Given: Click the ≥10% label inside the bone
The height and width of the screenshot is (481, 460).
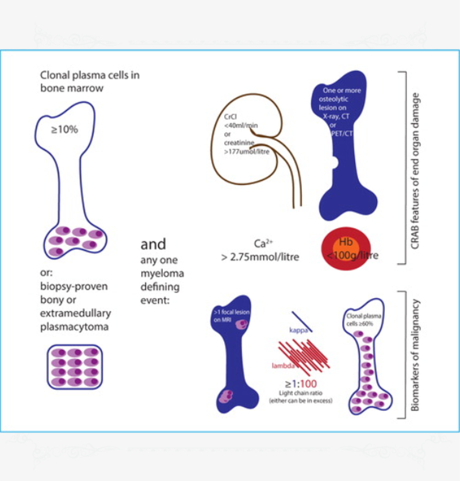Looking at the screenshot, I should pyautogui.click(x=64, y=129).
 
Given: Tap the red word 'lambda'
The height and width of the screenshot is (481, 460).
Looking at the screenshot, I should pyautogui.click(x=285, y=365).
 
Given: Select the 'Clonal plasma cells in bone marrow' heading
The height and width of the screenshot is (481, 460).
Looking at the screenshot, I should pyautogui.click(x=90, y=81).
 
